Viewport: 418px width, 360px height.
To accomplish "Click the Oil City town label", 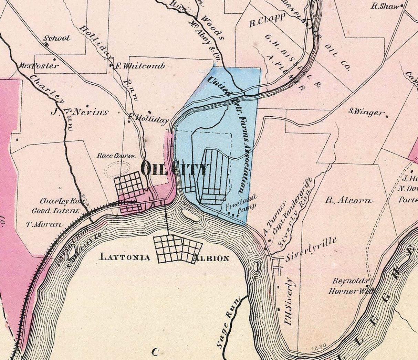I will point(175,169).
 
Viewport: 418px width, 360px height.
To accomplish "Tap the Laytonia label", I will point(125,257).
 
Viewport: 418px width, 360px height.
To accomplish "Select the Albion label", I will point(211,258).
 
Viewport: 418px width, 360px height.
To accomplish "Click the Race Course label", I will point(116,156).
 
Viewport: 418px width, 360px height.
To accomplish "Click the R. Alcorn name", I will point(349,200).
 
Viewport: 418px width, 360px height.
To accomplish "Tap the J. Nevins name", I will point(80,112).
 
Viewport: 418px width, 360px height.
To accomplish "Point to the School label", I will point(57,38).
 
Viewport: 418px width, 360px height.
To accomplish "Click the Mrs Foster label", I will point(39,65).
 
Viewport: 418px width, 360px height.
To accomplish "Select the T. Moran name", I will point(44,224).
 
